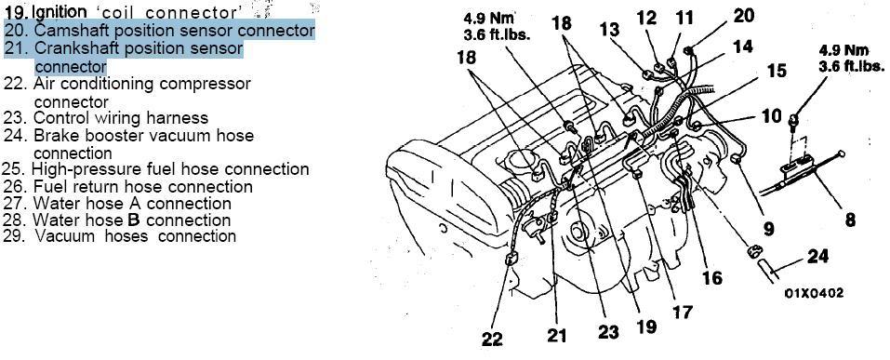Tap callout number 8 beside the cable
tap(850, 220)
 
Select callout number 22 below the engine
tap(492, 339)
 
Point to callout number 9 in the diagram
tap(768, 228)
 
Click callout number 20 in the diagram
tap(744, 15)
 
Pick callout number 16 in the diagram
tap(711, 277)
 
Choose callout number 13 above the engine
tap(609, 29)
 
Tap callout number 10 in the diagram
tap(771, 116)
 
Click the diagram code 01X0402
tap(814, 293)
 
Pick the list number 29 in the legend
tap(13, 236)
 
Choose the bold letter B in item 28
tap(134, 220)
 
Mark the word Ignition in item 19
tap(59, 12)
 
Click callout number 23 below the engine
tap(608, 331)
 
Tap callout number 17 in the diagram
tap(683, 312)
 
